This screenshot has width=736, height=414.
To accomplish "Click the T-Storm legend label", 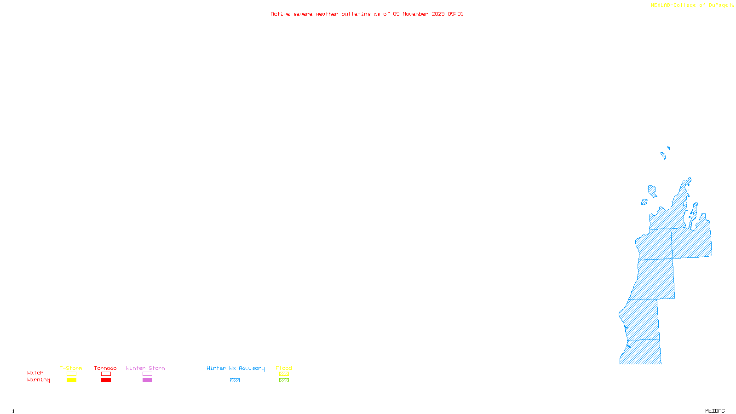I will tap(71, 368).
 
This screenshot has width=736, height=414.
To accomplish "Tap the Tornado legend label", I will tap(105, 368).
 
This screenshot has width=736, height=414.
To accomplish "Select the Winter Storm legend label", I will tap(145, 368).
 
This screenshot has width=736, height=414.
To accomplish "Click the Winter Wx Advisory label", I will tap(236, 368).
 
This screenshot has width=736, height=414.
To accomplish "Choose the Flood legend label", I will tap(284, 368).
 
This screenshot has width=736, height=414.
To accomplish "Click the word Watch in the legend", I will tap(35, 373).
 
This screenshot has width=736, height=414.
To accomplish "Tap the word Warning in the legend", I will tap(39, 380).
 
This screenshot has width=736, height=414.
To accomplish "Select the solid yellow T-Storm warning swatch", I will tap(71, 380).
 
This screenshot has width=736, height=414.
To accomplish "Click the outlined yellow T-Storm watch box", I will tap(71, 374).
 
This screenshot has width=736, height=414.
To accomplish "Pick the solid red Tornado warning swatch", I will tap(106, 380).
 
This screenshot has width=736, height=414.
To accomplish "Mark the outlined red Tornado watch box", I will tap(106, 374).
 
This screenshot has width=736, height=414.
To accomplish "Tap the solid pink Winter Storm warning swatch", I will tap(147, 380).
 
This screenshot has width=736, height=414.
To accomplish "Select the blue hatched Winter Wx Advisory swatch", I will tap(235, 380).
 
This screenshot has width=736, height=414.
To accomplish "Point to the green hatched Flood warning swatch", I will tap(284, 380).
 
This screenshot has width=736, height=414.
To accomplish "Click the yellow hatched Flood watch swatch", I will tap(284, 374).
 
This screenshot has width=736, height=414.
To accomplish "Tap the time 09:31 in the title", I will tap(455, 14).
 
